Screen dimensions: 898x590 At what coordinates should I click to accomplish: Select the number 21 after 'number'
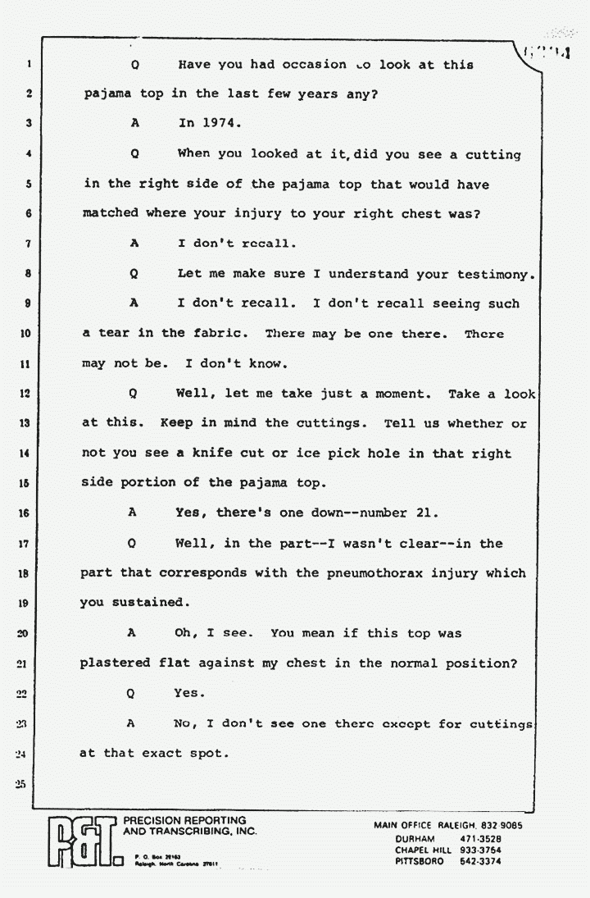click(x=425, y=513)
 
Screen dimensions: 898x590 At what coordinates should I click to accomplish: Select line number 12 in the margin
click(x=26, y=394)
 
